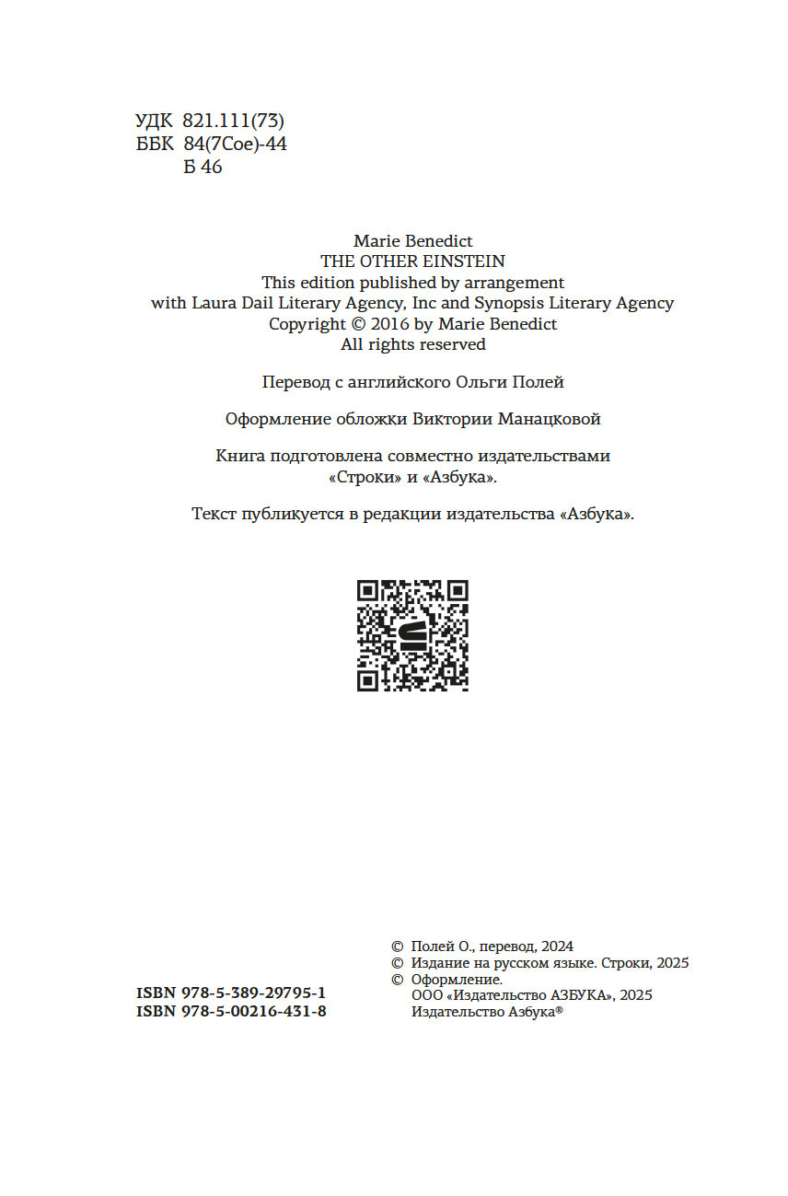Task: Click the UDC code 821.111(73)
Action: tap(234, 121)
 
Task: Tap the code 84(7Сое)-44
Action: tap(235, 144)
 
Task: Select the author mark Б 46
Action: tap(203, 167)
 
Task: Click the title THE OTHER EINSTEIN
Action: tap(412, 261)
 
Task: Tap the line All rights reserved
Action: tap(412, 344)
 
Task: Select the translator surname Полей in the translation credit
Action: tap(541, 381)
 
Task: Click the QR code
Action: tap(412, 635)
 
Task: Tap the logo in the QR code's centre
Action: tap(413, 635)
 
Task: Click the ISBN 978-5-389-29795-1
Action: tap(230, 993)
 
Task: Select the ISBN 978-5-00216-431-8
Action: tap(230, 1011)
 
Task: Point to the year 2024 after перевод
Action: tap(558, 946)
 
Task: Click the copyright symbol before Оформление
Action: tap(398, 980)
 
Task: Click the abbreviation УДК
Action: tap(154, 121)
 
